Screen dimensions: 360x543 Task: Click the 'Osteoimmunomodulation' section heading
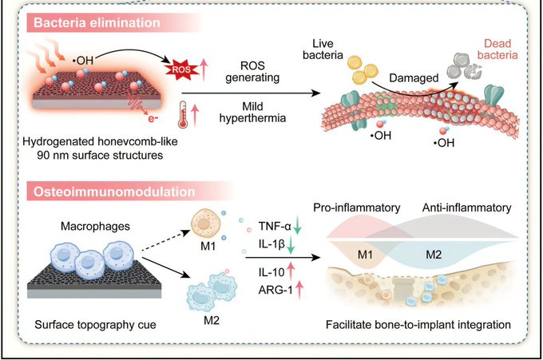pos(101,192)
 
